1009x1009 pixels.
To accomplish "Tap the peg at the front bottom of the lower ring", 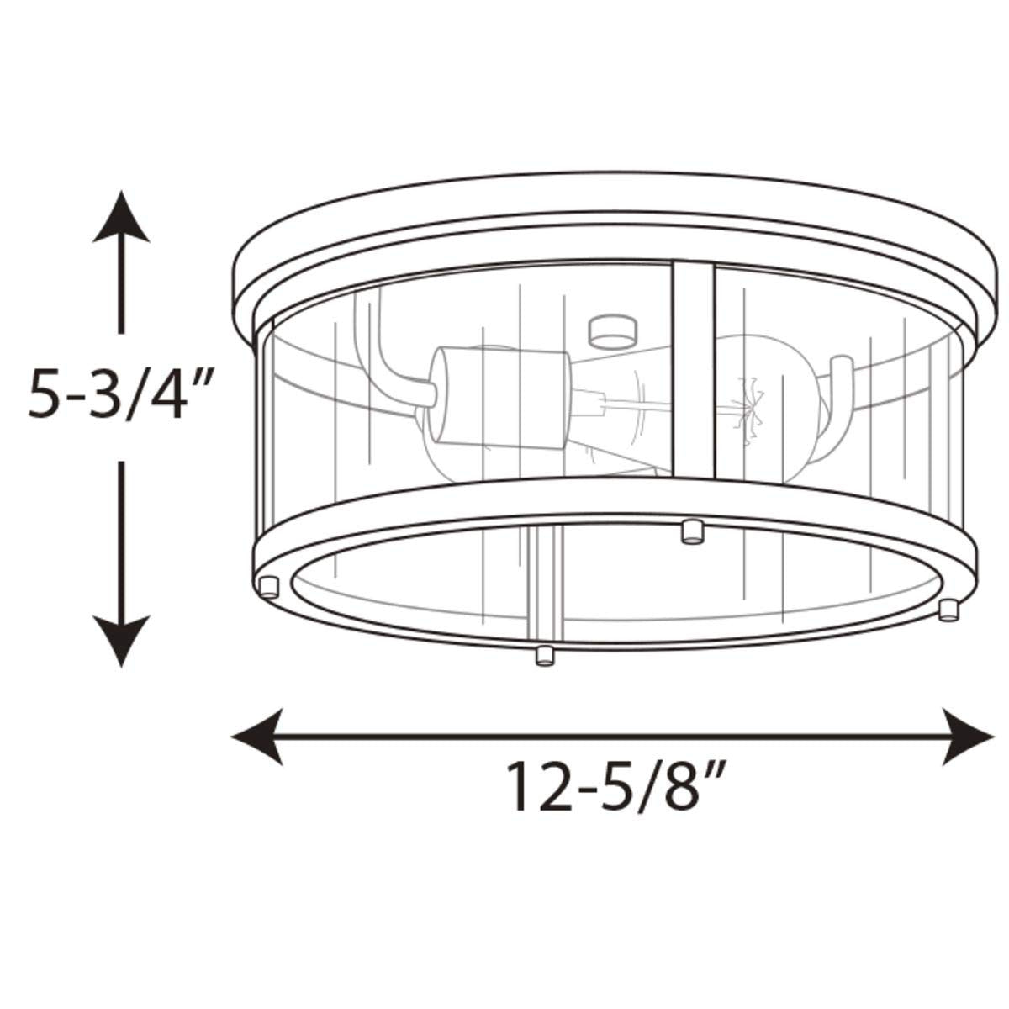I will tap(544, 654).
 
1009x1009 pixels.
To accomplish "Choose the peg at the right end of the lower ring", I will tap(949, 609).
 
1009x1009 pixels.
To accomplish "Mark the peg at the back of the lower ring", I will tap(692, 531).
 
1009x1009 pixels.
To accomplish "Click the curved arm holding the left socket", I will tap(383, 353).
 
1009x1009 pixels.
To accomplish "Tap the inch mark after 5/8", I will tap(713, 769).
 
